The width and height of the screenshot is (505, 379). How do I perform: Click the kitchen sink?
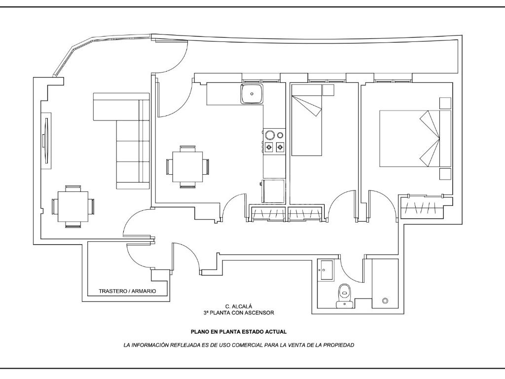pos(252,94)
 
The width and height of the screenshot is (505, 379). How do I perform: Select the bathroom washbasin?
pos(325,269)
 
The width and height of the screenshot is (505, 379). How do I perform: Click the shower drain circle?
pos(385,301)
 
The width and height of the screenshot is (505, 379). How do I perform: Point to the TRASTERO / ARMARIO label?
pos(127,291)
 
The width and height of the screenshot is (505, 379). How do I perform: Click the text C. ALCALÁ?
pos(239,306)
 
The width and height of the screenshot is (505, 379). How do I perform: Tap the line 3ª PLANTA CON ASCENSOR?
pos(239,313)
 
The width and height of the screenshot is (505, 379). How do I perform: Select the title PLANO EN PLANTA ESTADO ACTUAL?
pos(239,332)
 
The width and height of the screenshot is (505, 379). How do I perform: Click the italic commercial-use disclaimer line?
pos(239,345)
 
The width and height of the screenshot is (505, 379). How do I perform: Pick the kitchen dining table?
pos(187,166)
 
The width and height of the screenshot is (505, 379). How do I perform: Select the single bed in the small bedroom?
pos(307,119)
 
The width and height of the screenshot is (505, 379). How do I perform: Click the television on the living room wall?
pos(46,141)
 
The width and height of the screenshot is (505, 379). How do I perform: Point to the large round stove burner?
pos(270,135)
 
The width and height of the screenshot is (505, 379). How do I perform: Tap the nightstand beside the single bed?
pos(328,90)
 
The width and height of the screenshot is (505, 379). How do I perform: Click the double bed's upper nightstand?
pos(445,103)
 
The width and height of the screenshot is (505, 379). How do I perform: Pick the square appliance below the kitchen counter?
pos(274,190)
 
